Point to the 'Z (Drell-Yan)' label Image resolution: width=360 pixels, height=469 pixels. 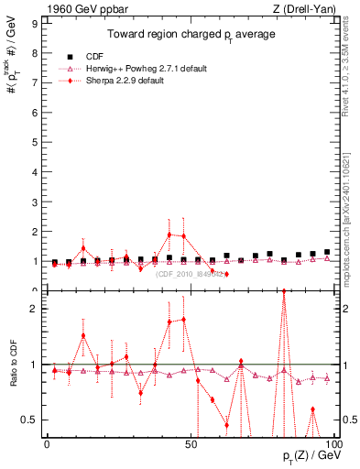(307, 8)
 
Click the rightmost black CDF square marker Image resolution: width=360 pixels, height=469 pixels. (327, 252)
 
